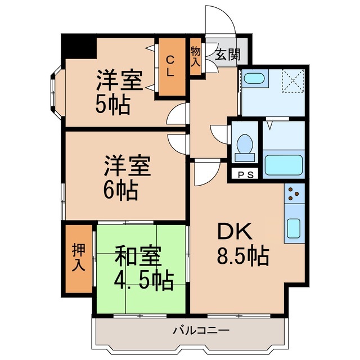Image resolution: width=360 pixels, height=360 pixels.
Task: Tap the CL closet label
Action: click(170, 65)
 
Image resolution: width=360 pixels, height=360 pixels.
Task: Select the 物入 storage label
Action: click(195, 57)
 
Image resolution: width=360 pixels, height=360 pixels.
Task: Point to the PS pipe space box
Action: click(245, 174)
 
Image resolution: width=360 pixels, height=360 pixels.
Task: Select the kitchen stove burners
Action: click(294, 194)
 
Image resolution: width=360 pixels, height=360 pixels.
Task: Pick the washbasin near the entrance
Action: click(255, 79)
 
